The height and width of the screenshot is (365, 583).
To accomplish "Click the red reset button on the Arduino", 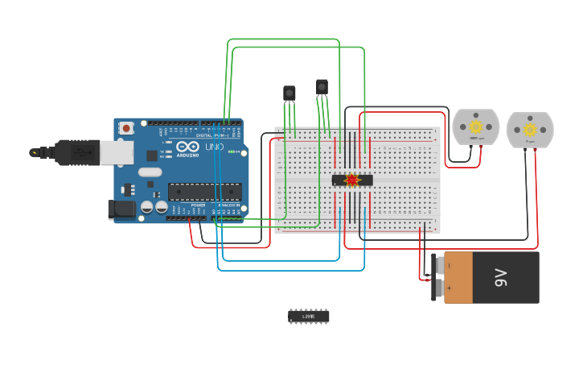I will (x=126, y=127).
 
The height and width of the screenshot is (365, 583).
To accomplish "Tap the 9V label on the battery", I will (x=500, y=278).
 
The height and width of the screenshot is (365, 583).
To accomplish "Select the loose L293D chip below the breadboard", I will (x=309, y=316).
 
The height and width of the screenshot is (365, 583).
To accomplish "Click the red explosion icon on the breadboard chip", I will (x=351, y=180).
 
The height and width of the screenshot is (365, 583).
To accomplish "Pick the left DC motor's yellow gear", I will (x=475, y=127).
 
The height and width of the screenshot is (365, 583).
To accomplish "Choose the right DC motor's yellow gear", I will (x=530, y=129).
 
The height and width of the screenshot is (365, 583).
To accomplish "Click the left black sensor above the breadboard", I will (x=289, y=93).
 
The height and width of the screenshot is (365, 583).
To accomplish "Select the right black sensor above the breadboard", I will (x=322, y=86).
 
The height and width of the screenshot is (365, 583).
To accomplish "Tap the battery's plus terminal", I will (x=437, y=288).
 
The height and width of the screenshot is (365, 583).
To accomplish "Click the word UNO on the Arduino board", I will (x=215, y=147).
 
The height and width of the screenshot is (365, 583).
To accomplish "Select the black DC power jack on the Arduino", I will (x=121, y=209).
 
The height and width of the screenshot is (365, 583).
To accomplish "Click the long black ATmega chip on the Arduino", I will (x=204, y=191).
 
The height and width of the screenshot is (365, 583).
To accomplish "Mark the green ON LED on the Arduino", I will (x=231, y=151).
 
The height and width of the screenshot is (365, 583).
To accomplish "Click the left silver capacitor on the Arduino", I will (x=147, y=207).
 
